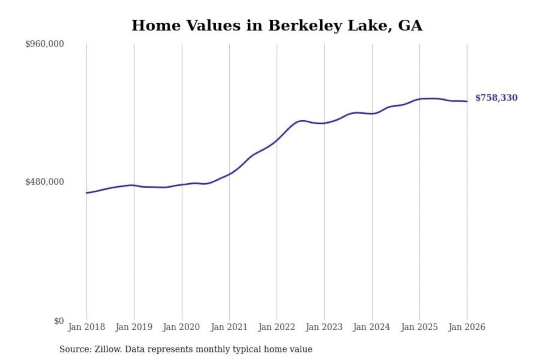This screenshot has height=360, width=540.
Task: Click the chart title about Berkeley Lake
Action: [277, 25]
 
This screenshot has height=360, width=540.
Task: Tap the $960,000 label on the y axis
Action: [44, 44]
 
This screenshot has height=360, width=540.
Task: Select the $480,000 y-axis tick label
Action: [44, 182]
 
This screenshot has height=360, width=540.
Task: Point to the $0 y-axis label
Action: [58, 321]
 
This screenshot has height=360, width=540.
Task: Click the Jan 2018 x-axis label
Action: [86, 327]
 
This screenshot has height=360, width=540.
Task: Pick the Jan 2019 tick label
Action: [134, 327]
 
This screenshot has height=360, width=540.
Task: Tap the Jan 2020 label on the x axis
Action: [181, 327]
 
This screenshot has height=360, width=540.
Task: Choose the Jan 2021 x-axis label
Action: [229, 327]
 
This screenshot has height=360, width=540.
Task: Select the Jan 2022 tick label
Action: [277, 327]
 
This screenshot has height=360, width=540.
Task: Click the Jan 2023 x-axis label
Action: [324, 327]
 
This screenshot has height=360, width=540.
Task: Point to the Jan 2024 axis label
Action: [372, 327]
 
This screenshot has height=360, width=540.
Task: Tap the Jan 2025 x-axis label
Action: [419, 327]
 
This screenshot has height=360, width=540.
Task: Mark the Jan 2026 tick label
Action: [467, 327]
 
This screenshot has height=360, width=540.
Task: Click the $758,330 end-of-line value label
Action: [496, 98]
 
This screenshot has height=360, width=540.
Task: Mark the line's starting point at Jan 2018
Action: [87, 193]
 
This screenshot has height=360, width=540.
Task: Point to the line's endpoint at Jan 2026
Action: [467, 101]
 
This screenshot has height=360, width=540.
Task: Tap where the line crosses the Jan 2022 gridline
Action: [277, 140]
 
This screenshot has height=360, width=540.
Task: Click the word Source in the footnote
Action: [75, 349]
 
